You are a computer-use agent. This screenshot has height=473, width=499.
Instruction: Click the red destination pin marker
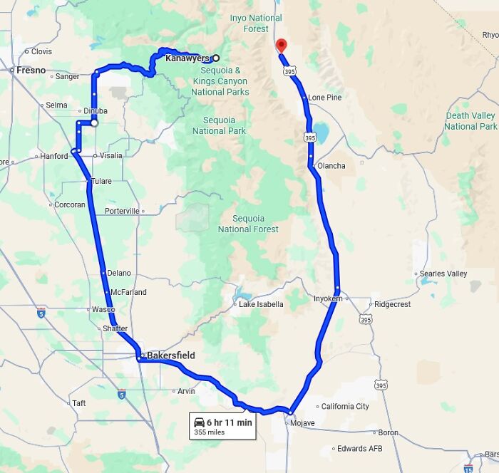pos(281,45)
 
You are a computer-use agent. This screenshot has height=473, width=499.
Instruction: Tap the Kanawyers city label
pos(187,58)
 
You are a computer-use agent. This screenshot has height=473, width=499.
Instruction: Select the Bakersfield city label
pos(170,355)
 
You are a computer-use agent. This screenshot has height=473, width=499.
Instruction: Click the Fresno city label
pos(31,71)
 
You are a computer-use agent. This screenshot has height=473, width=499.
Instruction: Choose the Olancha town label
pos(331,166)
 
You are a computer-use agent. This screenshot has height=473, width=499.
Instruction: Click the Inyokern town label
pos(328,298)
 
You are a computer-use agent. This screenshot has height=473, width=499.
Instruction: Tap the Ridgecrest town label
pos(392,304)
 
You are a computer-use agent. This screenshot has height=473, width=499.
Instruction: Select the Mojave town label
pos(300,423)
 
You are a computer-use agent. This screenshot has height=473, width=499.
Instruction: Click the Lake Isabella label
pos(261,304)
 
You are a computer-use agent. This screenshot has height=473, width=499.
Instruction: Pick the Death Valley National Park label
pos(470,121)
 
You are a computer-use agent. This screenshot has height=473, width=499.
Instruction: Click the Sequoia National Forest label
pos(248,224)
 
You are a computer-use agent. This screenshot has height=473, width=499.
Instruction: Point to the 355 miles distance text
pos(210,432)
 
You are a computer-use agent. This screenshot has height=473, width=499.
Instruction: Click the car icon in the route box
pos(199,422)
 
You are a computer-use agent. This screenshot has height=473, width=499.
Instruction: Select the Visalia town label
pos(110,155)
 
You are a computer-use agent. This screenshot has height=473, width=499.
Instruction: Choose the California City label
pos(345,407)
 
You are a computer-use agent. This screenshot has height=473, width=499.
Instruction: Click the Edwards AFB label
pos(361,449)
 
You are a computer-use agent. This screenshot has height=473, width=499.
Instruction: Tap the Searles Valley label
pos(443,274)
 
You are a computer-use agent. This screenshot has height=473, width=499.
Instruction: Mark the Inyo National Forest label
pos(256,24)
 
